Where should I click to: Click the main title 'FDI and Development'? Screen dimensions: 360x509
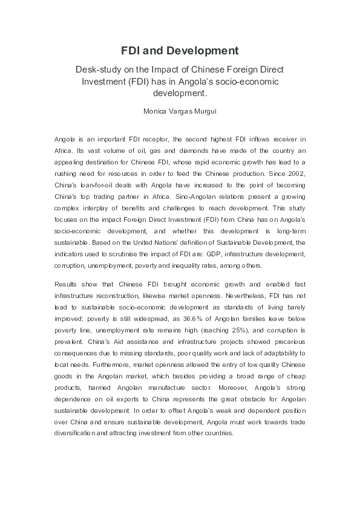pyautogui.click(x=180, y=51)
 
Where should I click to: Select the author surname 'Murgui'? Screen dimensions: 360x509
pyautogui.click(x=201, y=111)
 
